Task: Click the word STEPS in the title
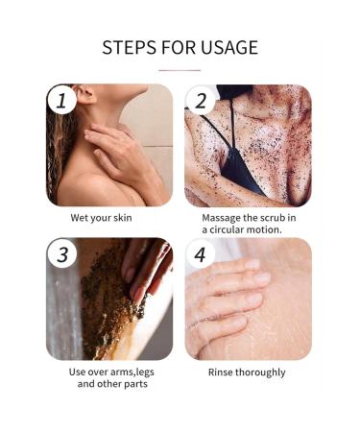(x=131, y=47)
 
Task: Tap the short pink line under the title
(x=180, y=70)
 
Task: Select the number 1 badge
(x=61, y=99)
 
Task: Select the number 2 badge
(x=201, y=99)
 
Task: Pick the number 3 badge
(x=61, y=254)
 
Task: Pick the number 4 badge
(x=201, y=254)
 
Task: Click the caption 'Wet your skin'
(x=108, y=217)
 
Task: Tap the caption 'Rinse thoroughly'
(x=248, y=371)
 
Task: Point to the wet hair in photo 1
(x=62, y=154)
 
